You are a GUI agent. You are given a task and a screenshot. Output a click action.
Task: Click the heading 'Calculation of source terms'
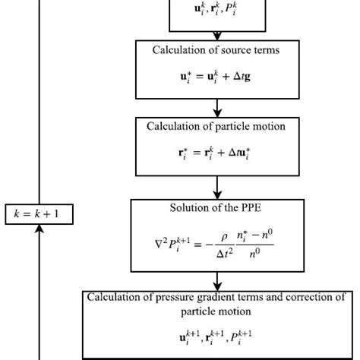pos(217,51)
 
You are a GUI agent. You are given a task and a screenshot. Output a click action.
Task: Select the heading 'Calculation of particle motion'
pos(217,126)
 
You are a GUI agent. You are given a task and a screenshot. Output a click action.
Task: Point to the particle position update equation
pos(217,153)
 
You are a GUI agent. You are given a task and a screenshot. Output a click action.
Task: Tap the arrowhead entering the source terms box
pos(217,36)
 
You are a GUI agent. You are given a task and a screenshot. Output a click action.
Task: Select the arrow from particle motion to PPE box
pos(217,187)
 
